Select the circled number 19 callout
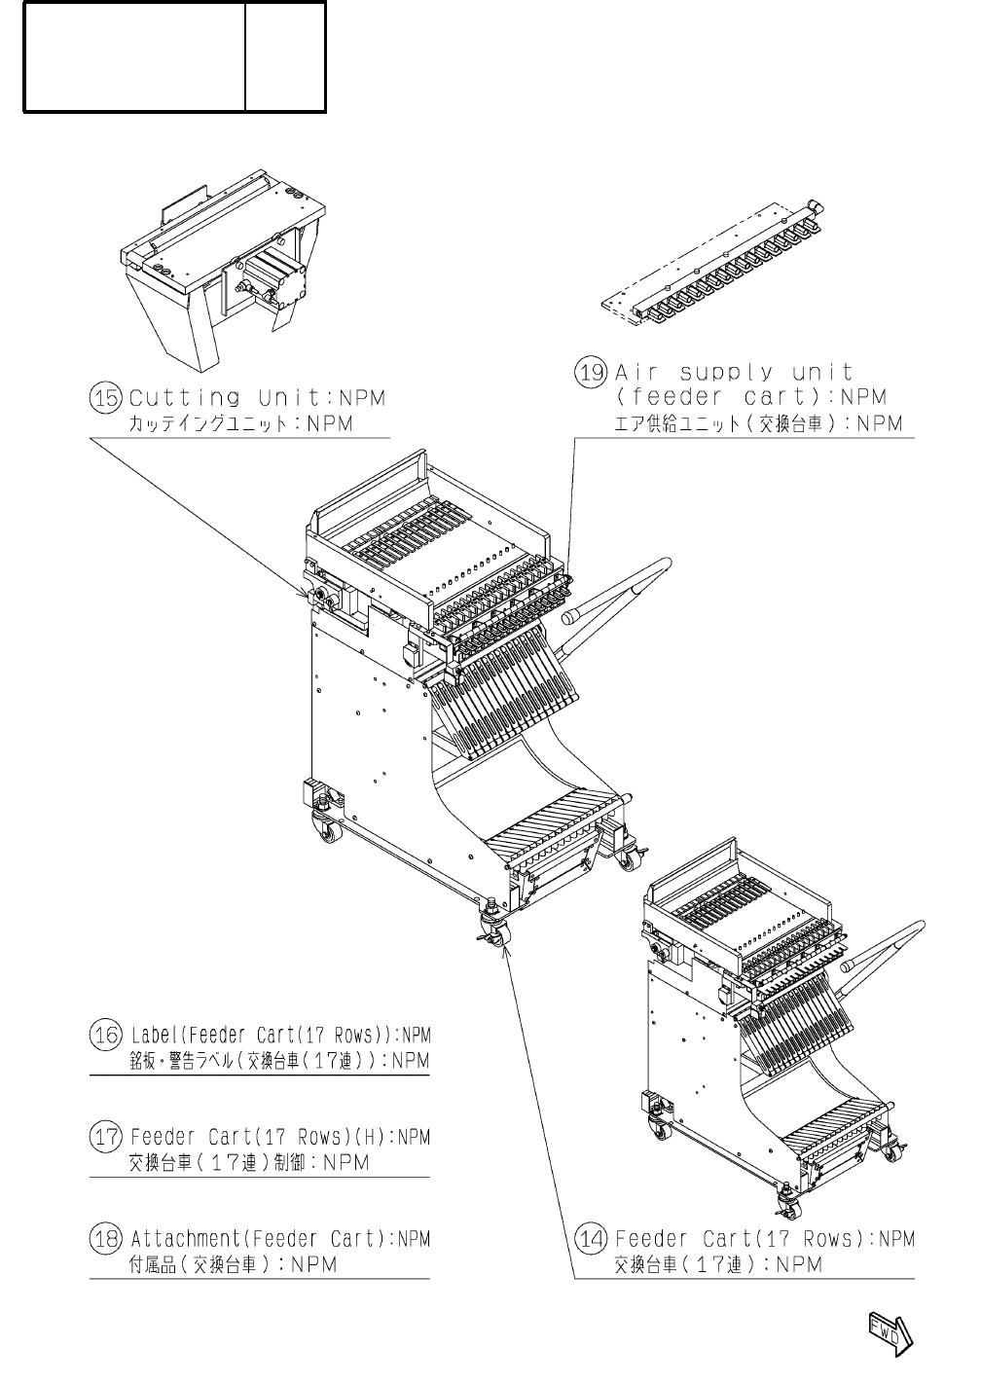coord(592,373)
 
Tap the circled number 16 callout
coord(106,1035)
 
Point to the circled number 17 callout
coord(106,1137)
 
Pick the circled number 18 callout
coord(106,1239)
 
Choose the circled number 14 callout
coord(592,1239)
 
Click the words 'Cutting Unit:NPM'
coord(258,398)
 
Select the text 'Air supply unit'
coord(734,373)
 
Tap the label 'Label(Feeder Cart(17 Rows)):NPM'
coord(280,1035)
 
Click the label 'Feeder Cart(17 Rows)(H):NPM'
coord(280,1137)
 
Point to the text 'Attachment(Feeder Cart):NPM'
coord(280,1239)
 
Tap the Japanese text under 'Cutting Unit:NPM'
coord(240,424)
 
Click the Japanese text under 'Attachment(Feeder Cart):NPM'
coord(233,1264)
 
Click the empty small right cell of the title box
coord(285,55)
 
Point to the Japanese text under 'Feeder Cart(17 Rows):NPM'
coord(718,1264)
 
